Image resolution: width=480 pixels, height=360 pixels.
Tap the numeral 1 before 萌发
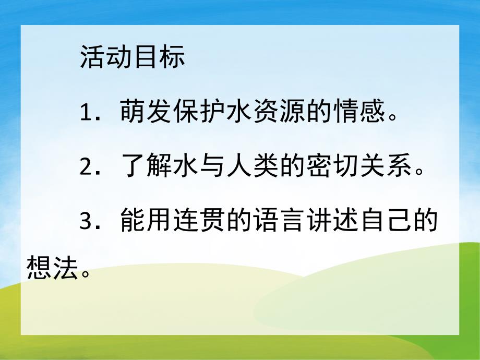pyautogui.click(x=87, y=111)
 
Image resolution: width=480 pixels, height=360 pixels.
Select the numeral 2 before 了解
pyautogui.click(x=87, y=169)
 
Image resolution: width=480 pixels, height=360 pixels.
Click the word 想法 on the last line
pyautogui.click(x=51, y=270)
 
